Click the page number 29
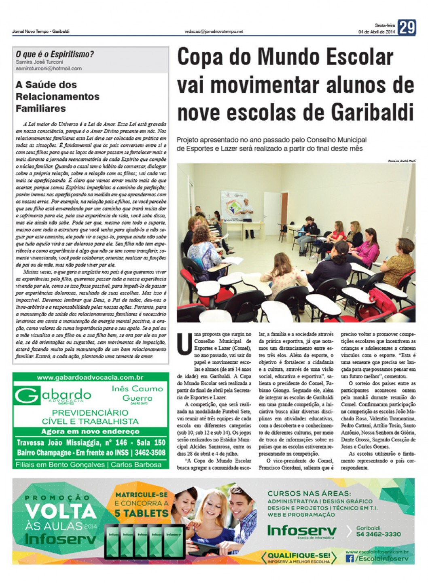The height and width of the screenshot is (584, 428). [407, 28]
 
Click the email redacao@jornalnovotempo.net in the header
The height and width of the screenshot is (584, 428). [214, 31]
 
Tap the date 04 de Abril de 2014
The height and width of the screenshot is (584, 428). [376, 32]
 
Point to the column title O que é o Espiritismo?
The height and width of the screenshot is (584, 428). [55, 54]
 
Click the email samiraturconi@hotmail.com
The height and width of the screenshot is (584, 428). [49, 68]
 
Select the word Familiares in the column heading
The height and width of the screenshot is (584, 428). [40, 108]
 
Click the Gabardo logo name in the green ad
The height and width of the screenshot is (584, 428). [53, 395]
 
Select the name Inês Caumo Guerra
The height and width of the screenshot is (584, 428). [137, 393]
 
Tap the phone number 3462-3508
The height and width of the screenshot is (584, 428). [150, 452]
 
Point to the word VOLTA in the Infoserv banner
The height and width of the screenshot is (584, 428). [61, 512]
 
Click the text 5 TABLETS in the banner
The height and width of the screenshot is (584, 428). [141, 513]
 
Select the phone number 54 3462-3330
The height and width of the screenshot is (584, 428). [378, 534]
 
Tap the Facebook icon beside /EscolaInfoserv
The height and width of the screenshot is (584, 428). [350, 559]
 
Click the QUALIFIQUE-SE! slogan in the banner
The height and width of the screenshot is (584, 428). [299, 555]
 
